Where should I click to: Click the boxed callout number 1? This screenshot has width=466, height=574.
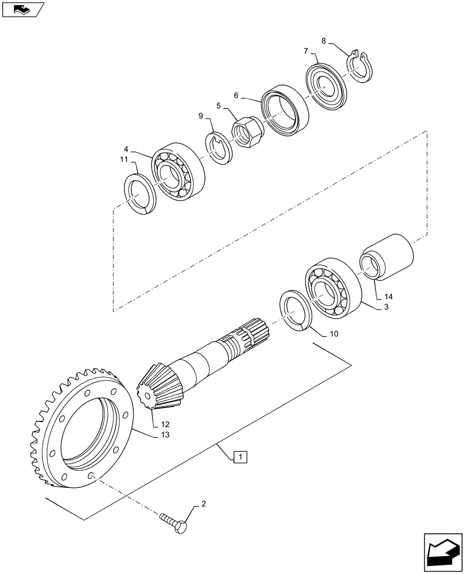click(x=241, y=457)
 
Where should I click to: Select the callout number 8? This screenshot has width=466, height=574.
click(x=324, y=41)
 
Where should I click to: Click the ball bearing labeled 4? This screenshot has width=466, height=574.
click(x=178, y=173)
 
